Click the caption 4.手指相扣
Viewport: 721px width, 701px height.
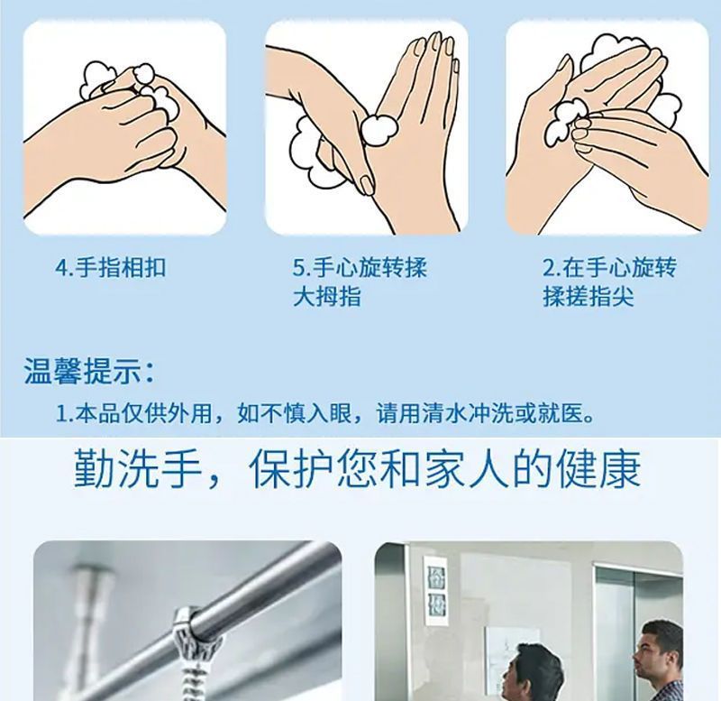click(110, 267)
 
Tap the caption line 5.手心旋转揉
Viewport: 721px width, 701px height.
click(360, 267)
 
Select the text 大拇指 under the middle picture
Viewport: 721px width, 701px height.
click(327, 296)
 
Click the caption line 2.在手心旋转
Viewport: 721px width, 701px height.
click(609, 267)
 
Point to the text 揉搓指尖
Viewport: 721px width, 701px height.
click(589, 296)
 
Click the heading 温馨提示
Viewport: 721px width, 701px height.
click(83, 371)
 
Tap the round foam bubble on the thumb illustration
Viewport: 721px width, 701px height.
click(379, 129)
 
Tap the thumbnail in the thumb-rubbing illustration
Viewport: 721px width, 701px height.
click(368, 185)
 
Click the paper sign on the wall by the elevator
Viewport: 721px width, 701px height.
click(436, 592)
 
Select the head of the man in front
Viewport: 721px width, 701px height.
click(534, 672)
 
